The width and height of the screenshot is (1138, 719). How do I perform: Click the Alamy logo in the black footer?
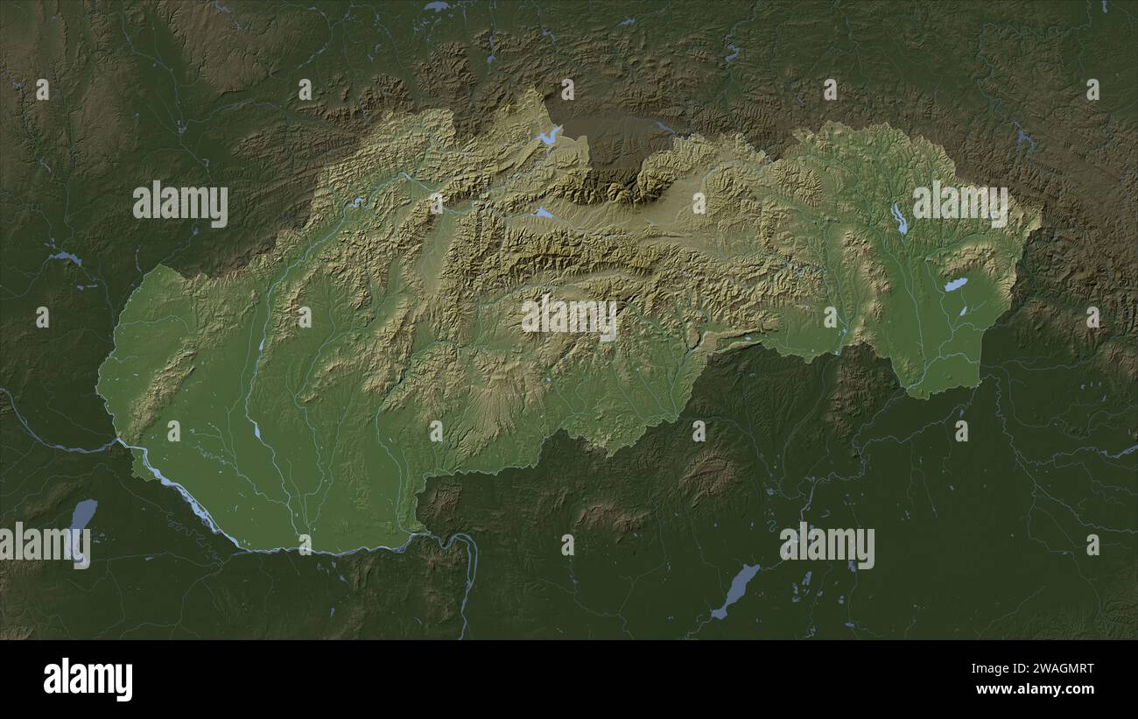click(x=88, y=680)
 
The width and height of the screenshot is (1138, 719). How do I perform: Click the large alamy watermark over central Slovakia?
click(x=569, y=317)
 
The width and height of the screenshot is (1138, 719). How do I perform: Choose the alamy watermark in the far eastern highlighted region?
click(x=960, y=204)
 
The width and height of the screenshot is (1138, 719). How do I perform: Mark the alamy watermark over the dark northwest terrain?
click(x=180, y=204)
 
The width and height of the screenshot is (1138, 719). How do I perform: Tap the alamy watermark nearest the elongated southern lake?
click(x=826, y=545)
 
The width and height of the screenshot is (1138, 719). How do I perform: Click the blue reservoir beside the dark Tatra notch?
click(x=550, y=136)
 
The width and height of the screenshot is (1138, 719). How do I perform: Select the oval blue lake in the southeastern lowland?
click(x=955, y=285)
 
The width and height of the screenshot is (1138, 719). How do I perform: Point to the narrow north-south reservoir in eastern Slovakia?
click(x=898, y=219)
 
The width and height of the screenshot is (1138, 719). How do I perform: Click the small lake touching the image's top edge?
click(x=436, y=6)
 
